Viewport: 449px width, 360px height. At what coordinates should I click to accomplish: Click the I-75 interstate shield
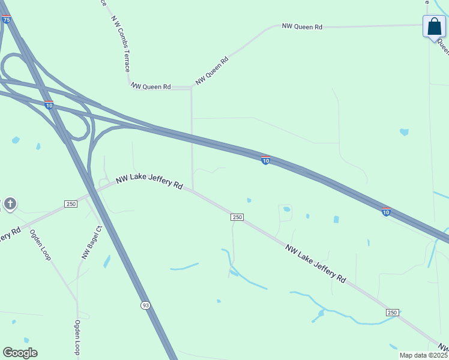coord(6,20)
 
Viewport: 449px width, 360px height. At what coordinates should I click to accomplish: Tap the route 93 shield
coord(146,305)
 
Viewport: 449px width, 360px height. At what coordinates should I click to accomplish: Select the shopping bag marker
coord(434,28)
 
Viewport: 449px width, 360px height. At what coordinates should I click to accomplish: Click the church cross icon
coord(10,204)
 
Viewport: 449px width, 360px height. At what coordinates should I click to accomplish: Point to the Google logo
coord(20,353)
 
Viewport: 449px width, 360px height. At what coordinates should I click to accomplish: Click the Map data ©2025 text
coord(423,355)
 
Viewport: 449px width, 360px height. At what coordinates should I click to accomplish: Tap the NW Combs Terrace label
coord(119,43)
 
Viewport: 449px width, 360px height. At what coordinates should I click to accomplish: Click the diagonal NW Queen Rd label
coord(212,70)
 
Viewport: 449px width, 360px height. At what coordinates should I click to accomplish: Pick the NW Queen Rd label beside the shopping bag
coord(302,27)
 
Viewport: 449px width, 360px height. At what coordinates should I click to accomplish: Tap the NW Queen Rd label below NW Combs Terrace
coord(151,86)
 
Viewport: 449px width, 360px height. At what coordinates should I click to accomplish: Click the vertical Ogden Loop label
coord(77,337)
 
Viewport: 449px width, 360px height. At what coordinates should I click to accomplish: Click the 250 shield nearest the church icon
coord(71,205)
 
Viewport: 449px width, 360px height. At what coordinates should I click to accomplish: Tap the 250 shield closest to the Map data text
coord(392,313)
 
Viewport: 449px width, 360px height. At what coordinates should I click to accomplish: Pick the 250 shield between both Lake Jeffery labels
coord(237,217)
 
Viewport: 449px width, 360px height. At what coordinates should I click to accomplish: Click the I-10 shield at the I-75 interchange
coord(49,106)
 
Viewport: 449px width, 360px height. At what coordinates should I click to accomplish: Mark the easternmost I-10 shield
coord(386,211)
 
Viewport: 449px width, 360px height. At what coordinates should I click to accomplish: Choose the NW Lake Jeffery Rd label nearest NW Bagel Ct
coord(149,182)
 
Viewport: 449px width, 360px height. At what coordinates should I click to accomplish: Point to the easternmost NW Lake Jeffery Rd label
coord(316,264)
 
